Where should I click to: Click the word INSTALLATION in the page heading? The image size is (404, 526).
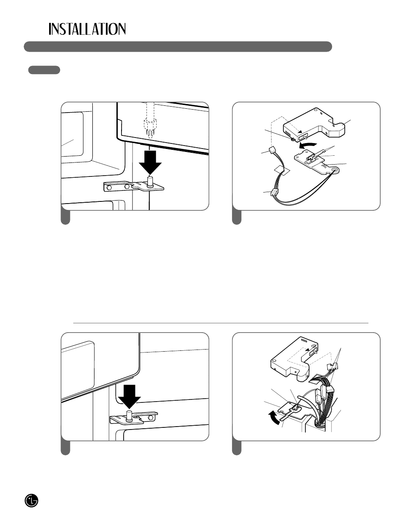[87, 29]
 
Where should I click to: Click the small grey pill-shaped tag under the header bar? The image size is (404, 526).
[44, 70]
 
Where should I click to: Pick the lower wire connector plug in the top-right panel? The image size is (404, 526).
[273, 193]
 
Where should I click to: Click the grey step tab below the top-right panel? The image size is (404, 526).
[237, 217]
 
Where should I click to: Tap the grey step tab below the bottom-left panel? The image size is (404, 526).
[65, 447]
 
